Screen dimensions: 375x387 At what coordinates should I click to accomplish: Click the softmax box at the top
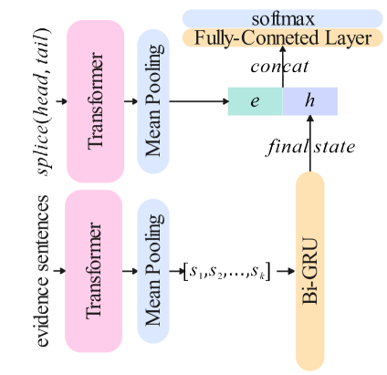pyautogui.click(x=282, y=18)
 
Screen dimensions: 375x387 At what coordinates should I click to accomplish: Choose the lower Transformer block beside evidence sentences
pyautogui.click(x=95, y=270)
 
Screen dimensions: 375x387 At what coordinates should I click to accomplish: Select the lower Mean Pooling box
pyautogui.click(x=152, y=270)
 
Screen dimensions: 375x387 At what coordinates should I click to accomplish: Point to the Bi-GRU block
pyautogui.click(x=310, y=271)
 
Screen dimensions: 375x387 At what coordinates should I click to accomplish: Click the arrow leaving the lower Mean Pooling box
pyautogui.click(x=178, y=271)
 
